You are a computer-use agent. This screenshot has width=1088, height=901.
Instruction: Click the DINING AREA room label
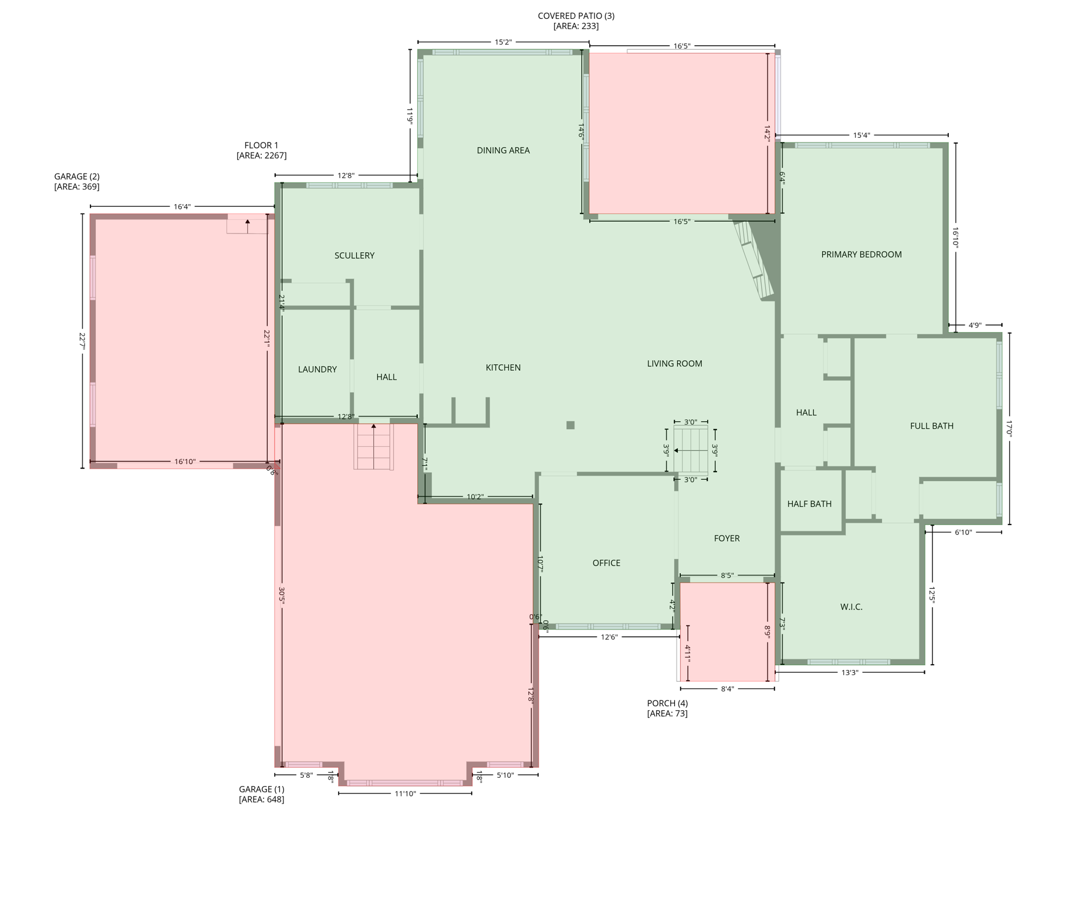pyautogui.click(x=503, y=150)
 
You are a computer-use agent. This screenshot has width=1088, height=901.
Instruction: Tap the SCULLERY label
pyautogui.click(x=354, y=255)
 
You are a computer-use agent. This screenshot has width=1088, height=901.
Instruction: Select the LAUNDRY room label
pyautogui.click(x=317, y=369)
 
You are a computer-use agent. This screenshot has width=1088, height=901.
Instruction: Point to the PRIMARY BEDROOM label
pyautogui.click(x=861, y=254)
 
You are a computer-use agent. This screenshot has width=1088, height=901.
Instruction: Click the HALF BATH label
pyautogui.click(x=809, y=503)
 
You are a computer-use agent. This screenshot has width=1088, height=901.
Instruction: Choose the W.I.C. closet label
pyautogui.click(x=851, y=607)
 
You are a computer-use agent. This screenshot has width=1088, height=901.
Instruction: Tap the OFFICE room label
pyautogui.click(x=606, y=563)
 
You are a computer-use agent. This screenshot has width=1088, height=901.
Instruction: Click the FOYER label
pyautogui.click(x=727, y=538)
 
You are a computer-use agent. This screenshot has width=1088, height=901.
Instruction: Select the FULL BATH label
pyautogui.click(x=931, y=426)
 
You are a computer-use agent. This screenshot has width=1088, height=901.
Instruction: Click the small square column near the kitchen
pyautogui.click(x=570, y=425)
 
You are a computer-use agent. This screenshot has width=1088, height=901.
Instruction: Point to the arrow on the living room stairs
pyautogui.click(x=677, y=450)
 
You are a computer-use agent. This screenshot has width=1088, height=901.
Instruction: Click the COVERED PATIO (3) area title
pyautogui.click(x=576, y=16)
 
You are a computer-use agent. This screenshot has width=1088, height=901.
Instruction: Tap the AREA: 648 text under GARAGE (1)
pyautogui.click(x=261, y=800)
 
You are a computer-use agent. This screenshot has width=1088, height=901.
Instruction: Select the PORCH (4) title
pyautogui.click(x=667, y=703)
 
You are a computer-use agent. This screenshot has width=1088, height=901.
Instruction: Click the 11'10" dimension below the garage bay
pyautogui.click(x=405, y=794)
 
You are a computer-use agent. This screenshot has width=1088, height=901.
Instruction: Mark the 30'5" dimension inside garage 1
pyautogui.click(x=282, y=595)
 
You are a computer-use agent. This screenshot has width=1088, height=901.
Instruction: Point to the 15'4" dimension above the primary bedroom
pyautogui.click(x=861, y=136)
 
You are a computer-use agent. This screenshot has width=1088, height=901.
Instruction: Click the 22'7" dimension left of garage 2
pyautogui.click(x=82, y=341)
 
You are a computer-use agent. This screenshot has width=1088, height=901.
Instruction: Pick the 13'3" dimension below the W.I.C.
pyautogui.click(x=849, y=672)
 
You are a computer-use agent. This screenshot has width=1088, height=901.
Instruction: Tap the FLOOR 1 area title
pyautogui.click(x=261, y=145)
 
